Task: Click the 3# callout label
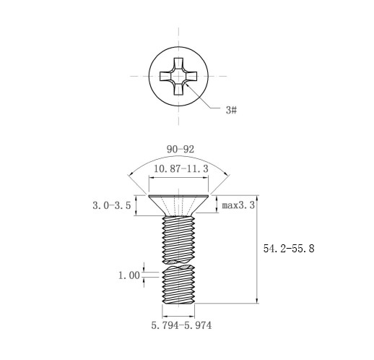[231, 110]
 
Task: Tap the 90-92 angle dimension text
[181, 150]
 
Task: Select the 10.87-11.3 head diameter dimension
[181, 168]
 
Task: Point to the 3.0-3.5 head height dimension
[112, 205]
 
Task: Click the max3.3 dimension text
[238, 205]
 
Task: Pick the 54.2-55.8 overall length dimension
[289, 249]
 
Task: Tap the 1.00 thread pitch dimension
[129, 275]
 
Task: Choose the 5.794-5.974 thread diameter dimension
[181, 325]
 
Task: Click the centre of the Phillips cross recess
[178, 77]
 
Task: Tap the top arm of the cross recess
[178, 64]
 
